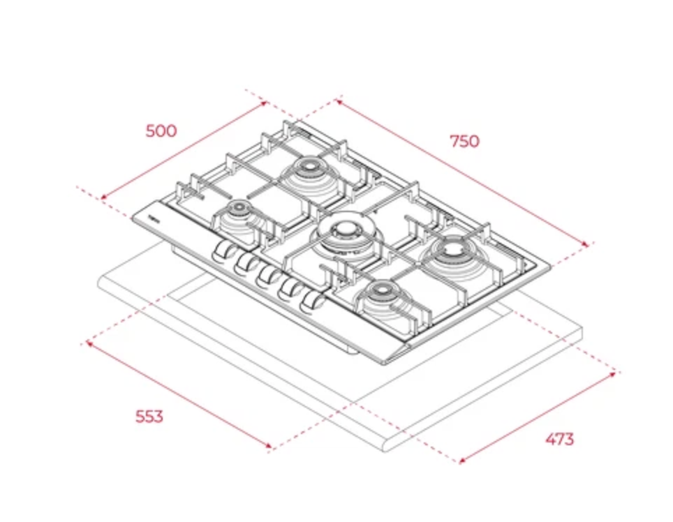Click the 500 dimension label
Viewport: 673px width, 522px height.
161,130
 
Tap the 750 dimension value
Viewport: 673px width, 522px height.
464,141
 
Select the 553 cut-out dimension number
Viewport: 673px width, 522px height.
149,416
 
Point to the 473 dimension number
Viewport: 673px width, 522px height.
560,439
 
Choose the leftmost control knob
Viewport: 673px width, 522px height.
222,251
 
